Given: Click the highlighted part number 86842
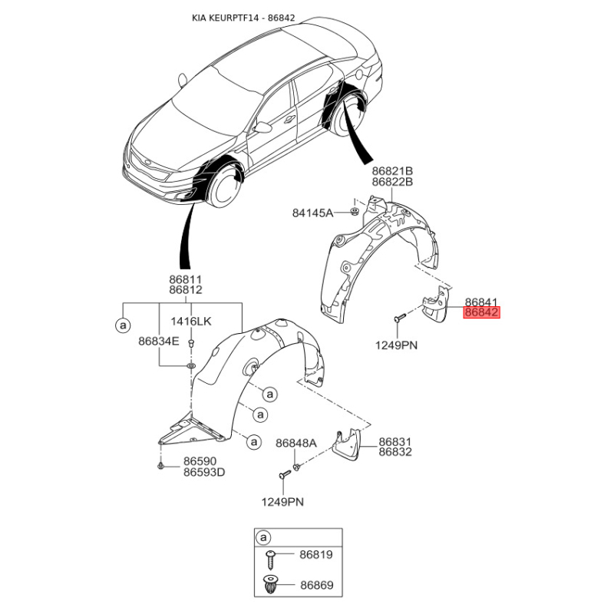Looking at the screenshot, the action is (x=482, y=312).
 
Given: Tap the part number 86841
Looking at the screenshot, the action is (x=481, y=302).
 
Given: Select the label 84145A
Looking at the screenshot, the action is (x=312, y=213).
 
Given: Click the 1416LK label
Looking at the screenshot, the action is (x=190, y=322).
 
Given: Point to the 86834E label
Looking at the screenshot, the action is (x=159, y=342).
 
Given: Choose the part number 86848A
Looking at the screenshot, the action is (x=296, y=444).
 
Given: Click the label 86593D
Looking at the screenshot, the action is (x=204, y=472).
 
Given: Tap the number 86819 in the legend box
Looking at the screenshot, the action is (x=316, y=554).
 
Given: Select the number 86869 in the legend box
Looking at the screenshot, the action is (x=317, y=585).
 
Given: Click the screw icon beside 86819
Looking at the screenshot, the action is (x=270, y=560).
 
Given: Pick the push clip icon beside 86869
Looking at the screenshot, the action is (x=270, y=584).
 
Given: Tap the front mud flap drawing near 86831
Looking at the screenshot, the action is (x=347, y=444).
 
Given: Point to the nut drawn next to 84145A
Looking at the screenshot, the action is (x=355, y=212).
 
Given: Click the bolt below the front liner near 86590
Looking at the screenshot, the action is (x=160, y=466).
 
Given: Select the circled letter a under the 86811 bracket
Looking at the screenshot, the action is (x=123, y=325).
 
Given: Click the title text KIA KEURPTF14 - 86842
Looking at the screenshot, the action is (x=243, y=18).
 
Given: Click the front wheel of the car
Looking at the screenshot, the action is (x=223, y=187).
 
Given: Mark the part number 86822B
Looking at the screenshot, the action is (x=392, y=182).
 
